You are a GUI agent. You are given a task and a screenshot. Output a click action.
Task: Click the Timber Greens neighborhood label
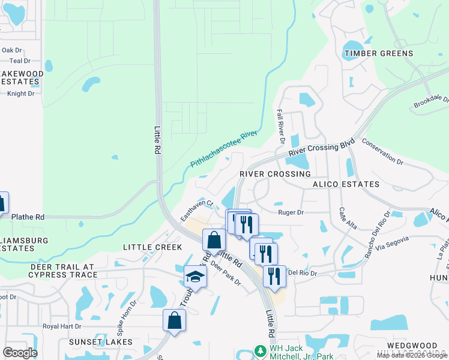378,53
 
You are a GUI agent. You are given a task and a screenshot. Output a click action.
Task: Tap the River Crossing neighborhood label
275,173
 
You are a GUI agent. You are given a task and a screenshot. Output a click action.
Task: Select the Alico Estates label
346,184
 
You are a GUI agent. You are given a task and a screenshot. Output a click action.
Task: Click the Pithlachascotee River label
223,150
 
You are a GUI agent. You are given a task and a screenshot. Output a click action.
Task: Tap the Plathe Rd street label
28,217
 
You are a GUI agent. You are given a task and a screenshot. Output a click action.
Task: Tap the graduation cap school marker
195,276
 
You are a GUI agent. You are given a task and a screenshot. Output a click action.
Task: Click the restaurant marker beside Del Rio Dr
274,275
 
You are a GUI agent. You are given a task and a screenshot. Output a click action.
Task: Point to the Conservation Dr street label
382,151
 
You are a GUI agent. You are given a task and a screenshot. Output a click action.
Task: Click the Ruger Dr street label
291,212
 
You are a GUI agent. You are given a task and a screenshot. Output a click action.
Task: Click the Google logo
20,353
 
